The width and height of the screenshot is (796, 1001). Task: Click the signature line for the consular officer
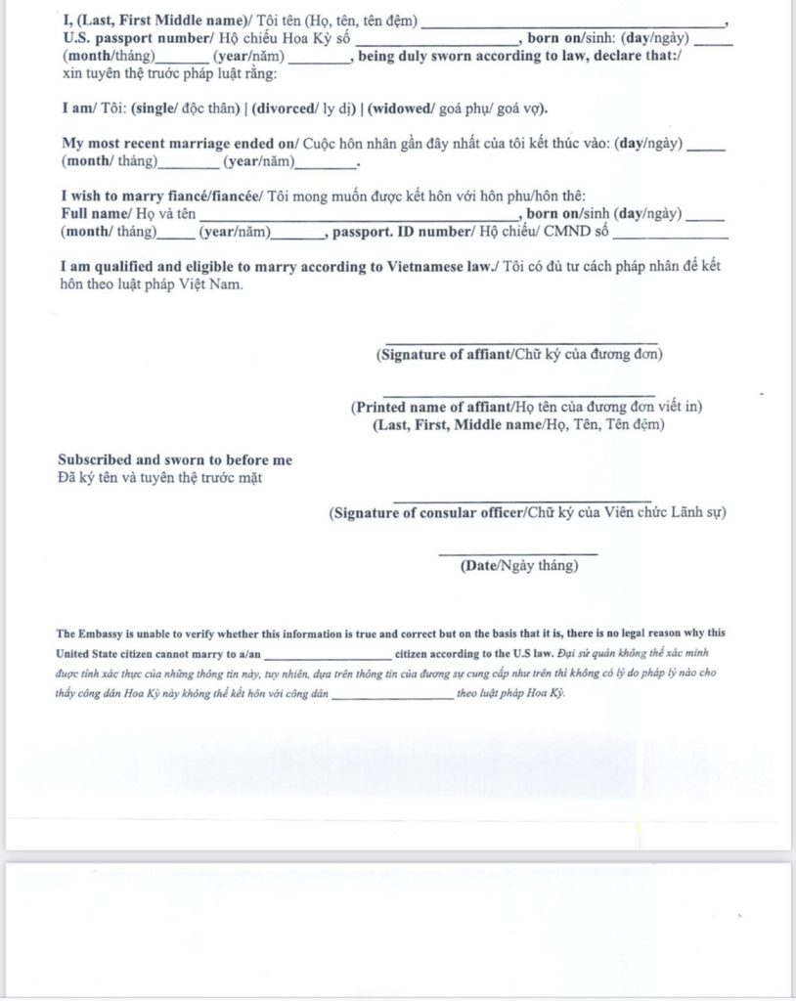522,500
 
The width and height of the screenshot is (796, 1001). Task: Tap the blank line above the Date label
518,553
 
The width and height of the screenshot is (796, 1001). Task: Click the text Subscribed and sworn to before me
175,460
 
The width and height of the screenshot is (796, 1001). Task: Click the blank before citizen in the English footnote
328,654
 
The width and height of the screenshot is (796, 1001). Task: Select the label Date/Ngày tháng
519,566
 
